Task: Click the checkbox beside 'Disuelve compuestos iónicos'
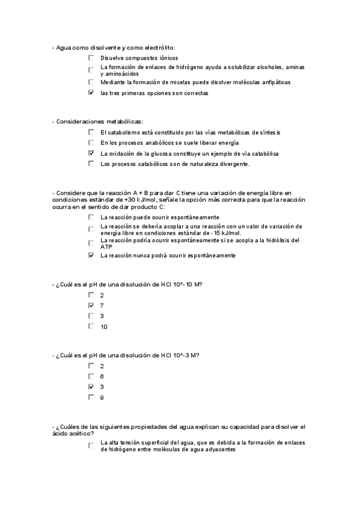pos(91,58)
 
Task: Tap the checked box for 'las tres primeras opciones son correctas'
pos(91,93)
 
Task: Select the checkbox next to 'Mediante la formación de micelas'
pos(91,81)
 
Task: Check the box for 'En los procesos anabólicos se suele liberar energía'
pos(91,143)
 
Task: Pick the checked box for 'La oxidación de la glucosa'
pos(91,153)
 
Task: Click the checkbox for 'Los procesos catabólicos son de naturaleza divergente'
pos(91,163)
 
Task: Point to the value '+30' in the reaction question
pos(130,199)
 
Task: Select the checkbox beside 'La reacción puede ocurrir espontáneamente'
pos(91,217)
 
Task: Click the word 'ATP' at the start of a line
pos(106,247)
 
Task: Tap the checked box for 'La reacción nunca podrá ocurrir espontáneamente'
pos(91,255)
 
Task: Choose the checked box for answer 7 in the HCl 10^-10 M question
pos(91,306)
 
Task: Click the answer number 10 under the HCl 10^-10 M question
pos(104,327)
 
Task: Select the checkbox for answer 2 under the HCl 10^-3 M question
pos(91,365)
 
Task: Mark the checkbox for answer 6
pos(91,375)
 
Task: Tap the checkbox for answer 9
pos(91,397)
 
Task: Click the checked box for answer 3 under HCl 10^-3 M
pos(91,386)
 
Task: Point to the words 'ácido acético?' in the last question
pos(73,433)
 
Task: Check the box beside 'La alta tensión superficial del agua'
pos(91,446)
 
